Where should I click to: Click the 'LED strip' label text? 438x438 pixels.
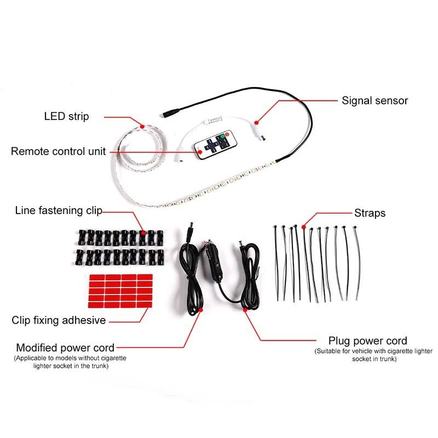66,117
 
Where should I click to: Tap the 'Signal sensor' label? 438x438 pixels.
375,101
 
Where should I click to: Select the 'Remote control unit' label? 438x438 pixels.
59,151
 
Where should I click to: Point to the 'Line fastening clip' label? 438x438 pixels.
59,210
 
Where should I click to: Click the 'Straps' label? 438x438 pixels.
370,213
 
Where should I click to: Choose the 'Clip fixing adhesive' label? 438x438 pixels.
59,320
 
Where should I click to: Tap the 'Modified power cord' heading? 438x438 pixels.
65,348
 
